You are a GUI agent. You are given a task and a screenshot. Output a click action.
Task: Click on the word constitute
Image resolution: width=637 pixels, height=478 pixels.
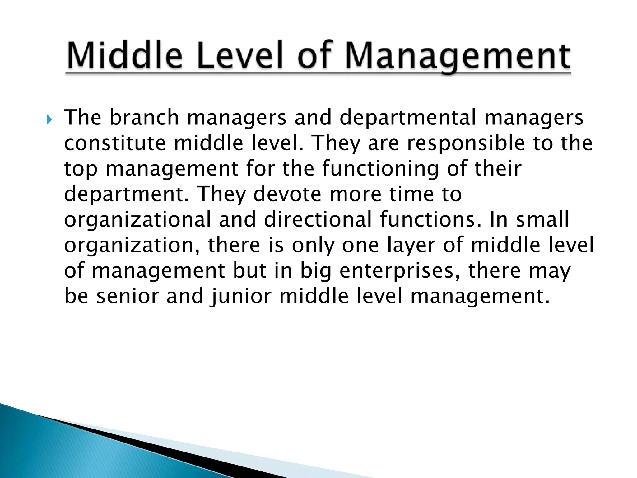coord(115,143)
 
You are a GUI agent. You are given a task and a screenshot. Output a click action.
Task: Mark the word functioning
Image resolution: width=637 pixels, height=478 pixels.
coord(380,169)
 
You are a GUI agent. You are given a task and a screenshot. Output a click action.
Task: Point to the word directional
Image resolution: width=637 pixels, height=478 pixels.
coord(318,220)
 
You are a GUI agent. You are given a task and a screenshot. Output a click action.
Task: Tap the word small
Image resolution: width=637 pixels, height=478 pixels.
coord(542,220)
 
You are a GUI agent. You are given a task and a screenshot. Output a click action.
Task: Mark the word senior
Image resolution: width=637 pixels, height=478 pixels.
coord(128,296)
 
